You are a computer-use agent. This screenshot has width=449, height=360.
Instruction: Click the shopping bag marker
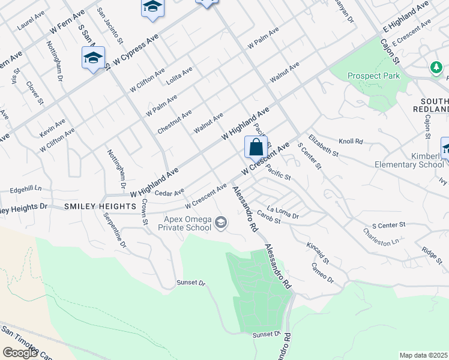click(256, 147)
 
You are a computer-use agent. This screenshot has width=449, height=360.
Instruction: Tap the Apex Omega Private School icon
click(221, 224)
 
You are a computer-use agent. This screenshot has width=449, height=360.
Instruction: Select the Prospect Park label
click(373, 76)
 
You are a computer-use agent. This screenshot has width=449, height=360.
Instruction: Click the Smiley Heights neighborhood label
click(100, 206)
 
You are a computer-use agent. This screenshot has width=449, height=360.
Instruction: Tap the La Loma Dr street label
click(283, 212)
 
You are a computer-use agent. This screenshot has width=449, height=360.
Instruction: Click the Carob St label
click(269, 220)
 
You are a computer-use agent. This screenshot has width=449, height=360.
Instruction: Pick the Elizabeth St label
click(324, 146)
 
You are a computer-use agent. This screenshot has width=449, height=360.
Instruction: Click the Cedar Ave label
click(169, 193)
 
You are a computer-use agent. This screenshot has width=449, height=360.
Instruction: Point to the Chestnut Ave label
click(174, 122)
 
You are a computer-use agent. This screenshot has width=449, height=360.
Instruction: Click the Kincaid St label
click(317, 252)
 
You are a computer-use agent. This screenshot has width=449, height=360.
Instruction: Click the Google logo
click(20, 353)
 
